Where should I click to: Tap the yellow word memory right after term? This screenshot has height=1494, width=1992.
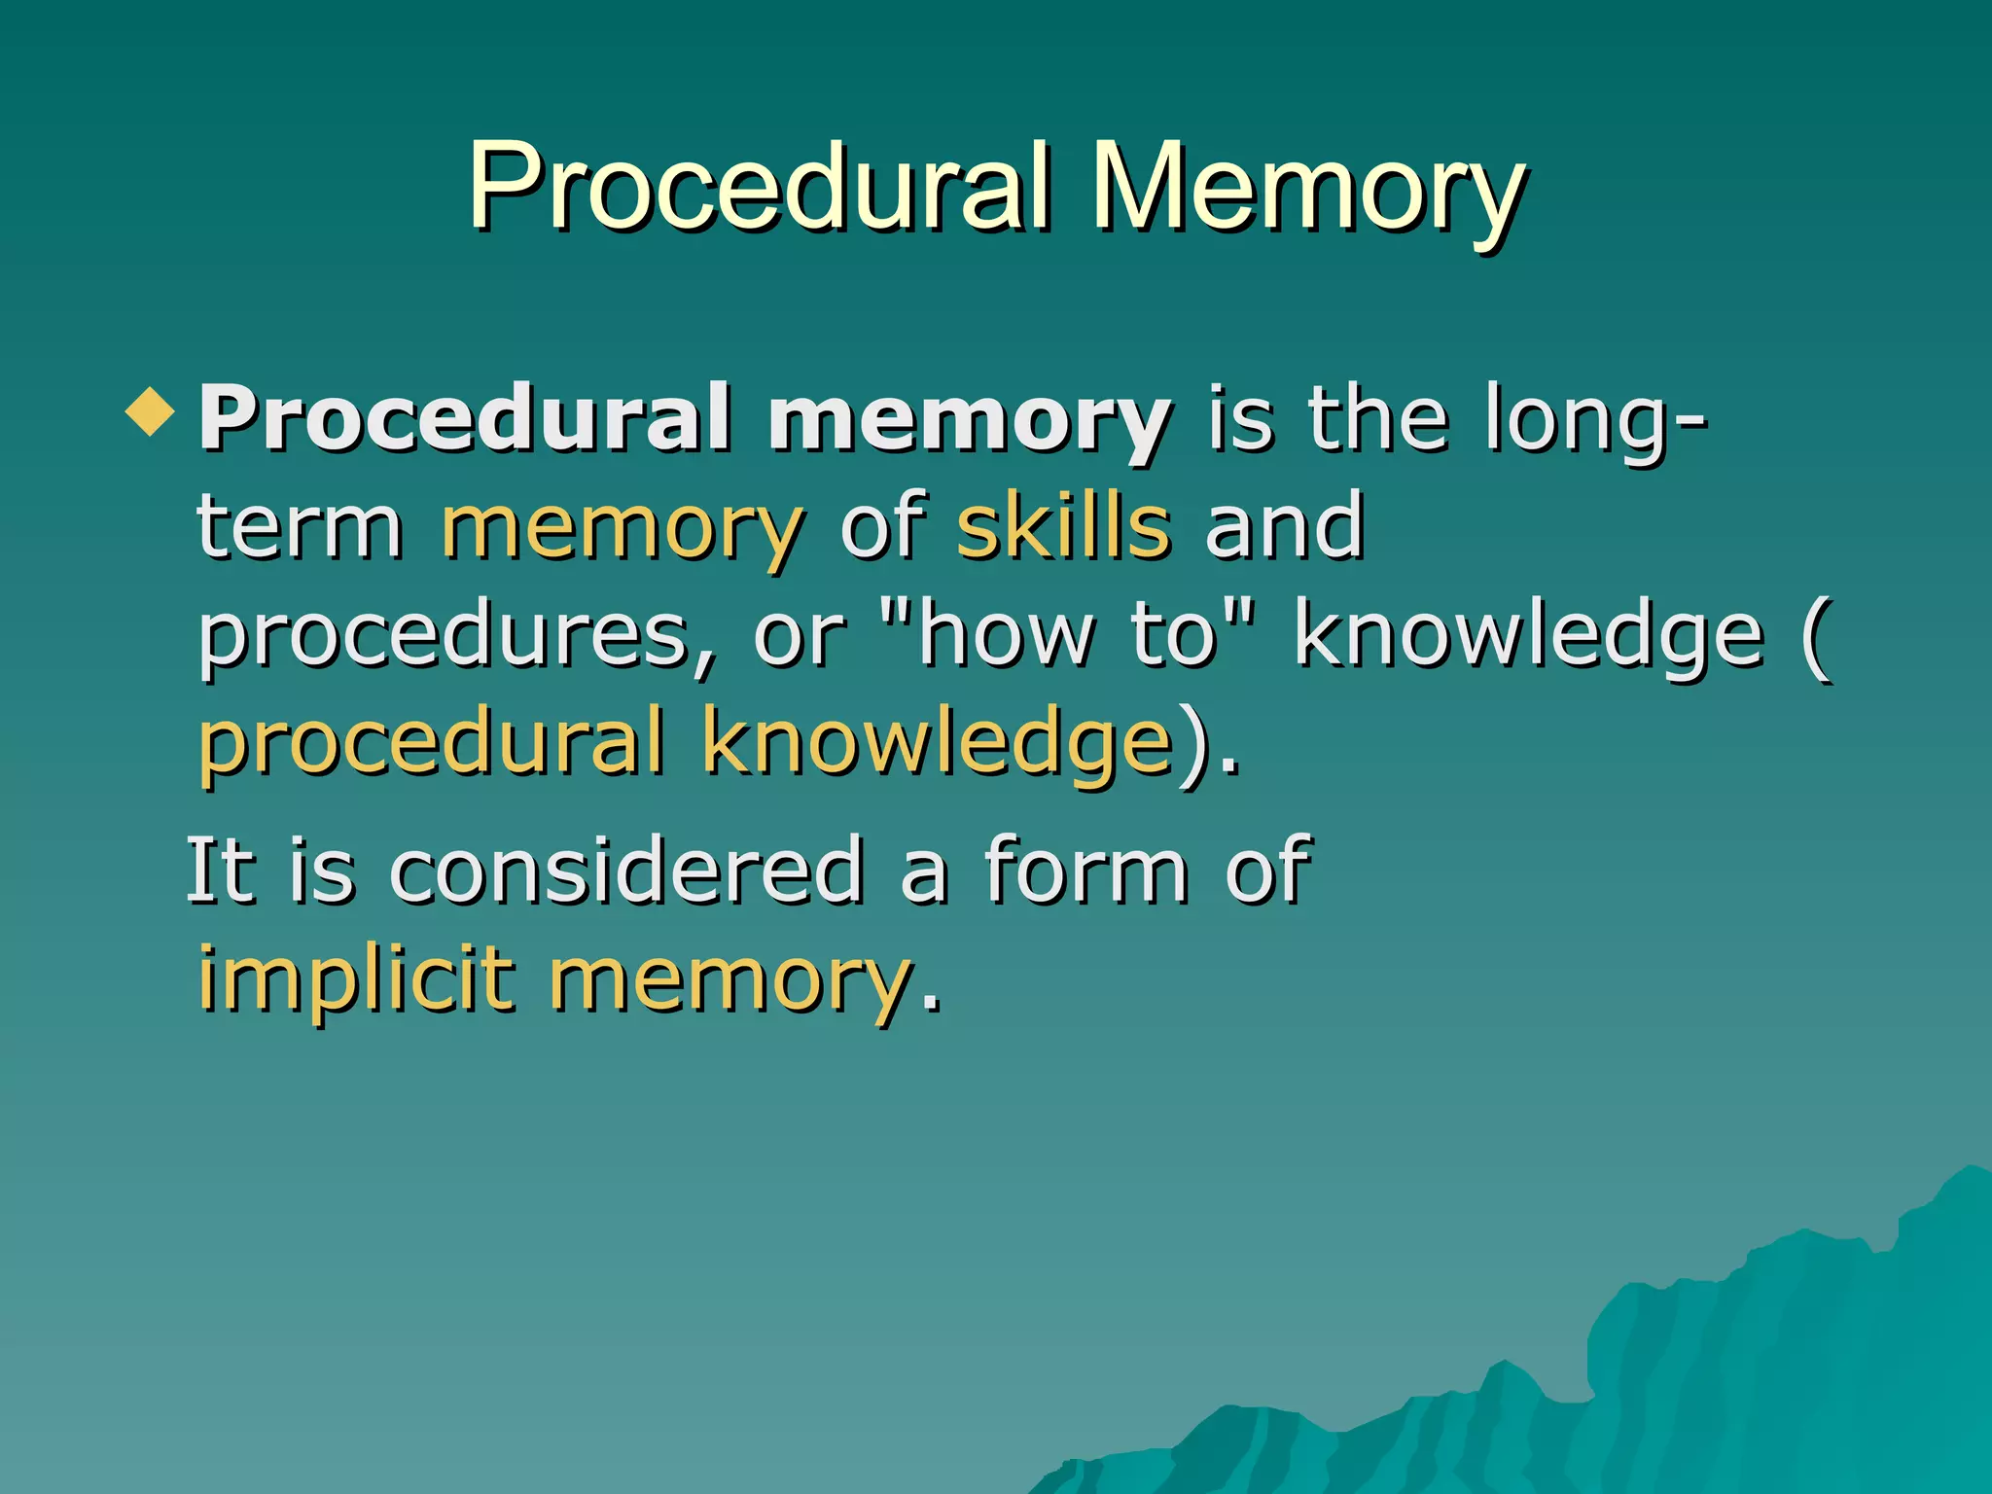tap(622, 530)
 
